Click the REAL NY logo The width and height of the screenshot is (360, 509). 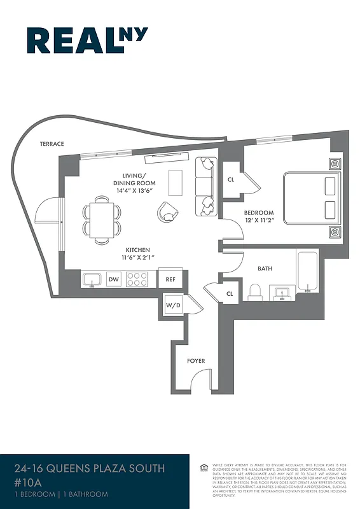tap(87, 41)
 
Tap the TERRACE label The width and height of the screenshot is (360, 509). tap(52, 144)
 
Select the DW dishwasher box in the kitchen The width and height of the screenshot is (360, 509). tap(114, 279)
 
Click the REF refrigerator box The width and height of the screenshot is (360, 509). tap(170, 279)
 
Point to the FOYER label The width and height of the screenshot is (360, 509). tap(196, 361)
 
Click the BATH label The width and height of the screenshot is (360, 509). tap(265, 268)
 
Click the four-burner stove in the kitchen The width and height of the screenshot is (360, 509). tap(137, 279)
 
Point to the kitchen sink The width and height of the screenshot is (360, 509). tap(92, 279)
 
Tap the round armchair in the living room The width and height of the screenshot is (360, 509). tap(169, 211)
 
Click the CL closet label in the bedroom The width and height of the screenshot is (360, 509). tap(230, 179)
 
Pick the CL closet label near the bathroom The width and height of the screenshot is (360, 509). tap(229, 293)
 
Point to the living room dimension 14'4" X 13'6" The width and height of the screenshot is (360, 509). tap(134, 190)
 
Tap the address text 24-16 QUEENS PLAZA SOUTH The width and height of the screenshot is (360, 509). tap(89, 469)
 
